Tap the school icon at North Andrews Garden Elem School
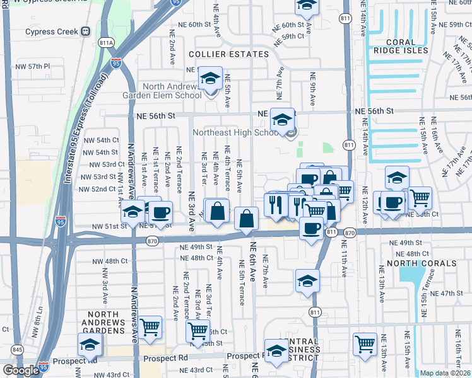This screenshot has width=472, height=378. click(210, 81)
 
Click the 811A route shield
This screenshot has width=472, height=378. click(106, 42)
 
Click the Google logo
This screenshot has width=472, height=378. click(21, 370)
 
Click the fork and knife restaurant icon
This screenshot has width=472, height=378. click(275, 205)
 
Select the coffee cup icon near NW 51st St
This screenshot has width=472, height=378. click(160, 212)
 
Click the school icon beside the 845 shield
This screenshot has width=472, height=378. click(90, 345)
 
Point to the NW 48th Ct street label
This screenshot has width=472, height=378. click(109, 261)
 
